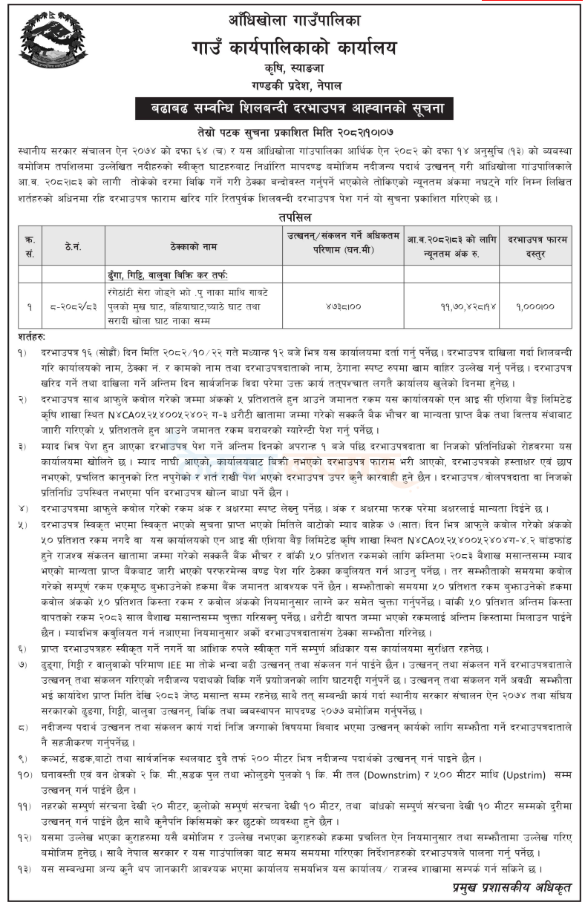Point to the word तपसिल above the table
(x=292, y=217)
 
